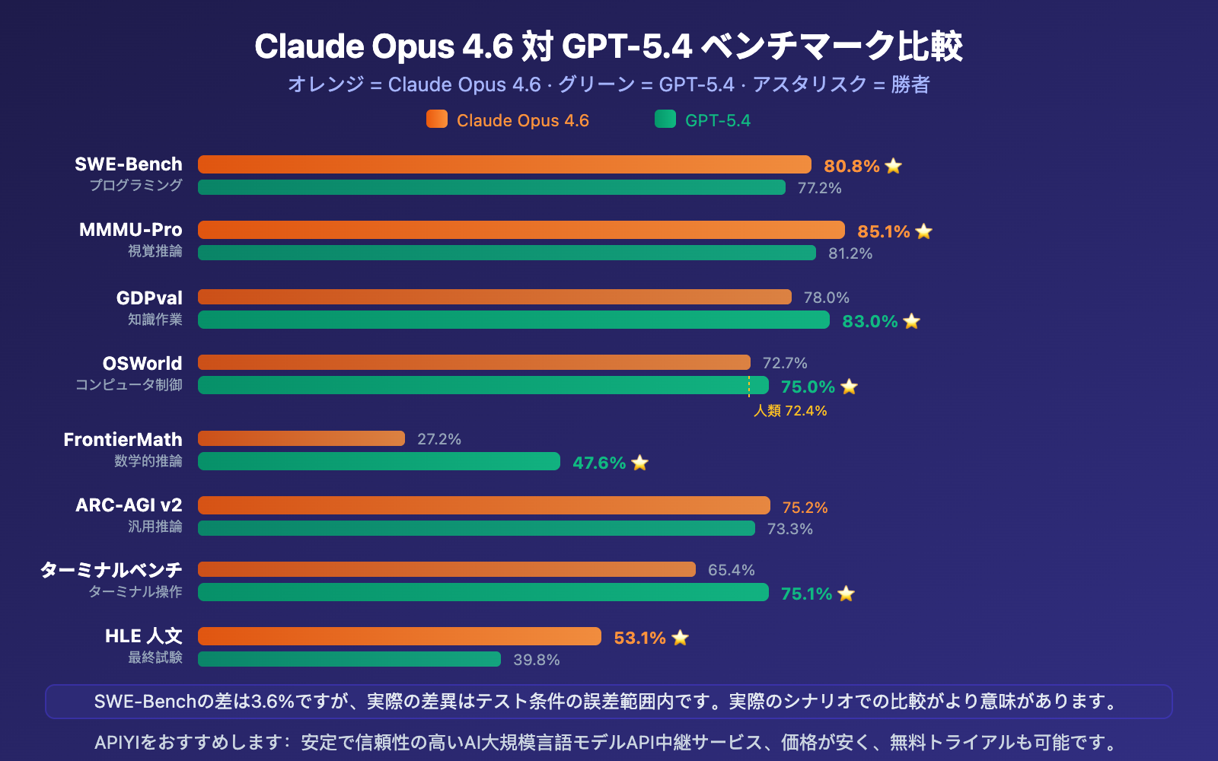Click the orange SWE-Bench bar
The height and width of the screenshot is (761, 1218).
(504, 164)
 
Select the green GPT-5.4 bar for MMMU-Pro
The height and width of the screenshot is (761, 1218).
(506, 253)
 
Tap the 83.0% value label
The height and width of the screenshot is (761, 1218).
(869, 321)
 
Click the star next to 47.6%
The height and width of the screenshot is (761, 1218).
(639, 463)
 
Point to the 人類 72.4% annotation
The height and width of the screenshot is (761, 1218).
(790, 411)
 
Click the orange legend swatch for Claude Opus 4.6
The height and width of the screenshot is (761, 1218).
(437, 119)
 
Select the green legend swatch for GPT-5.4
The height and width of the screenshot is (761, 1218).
(665, 119)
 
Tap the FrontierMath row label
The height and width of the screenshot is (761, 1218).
(123, 440)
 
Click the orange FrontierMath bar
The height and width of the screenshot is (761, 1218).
(301, 438)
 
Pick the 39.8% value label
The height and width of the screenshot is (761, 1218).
(536, 660)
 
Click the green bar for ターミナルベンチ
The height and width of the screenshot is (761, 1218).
(483, 592)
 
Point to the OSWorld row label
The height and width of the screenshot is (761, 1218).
(142, 364)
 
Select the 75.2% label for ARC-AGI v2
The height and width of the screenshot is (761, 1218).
(805, 508)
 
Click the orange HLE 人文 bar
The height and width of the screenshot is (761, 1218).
(399, 636)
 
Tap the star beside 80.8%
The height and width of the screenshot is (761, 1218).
(894, 166)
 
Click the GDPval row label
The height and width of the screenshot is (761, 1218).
(149, 298)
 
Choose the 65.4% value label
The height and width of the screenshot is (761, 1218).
(731, 570)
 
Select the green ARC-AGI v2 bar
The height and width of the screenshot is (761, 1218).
(476, 528)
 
